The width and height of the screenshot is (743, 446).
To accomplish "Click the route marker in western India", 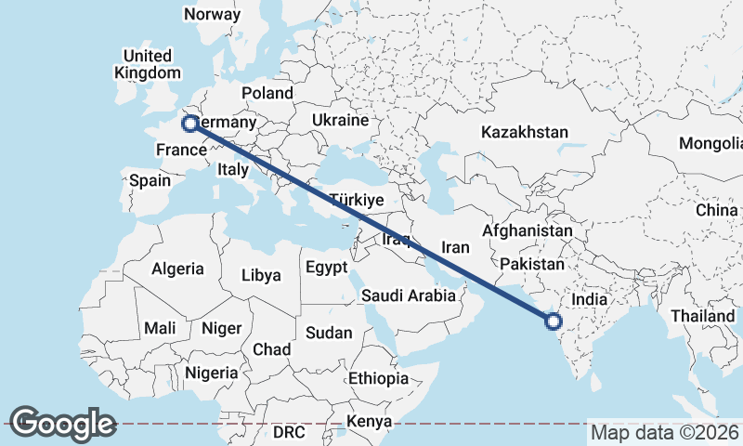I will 554,322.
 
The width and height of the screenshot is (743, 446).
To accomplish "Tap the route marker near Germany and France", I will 190,123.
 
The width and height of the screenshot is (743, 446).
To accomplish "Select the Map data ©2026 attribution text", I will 665,432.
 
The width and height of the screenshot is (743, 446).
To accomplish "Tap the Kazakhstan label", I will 524,133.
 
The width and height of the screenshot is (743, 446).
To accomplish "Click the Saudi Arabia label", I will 410,295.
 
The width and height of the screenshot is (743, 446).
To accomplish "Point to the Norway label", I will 213,14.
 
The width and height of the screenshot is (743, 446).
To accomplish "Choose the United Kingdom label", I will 148,64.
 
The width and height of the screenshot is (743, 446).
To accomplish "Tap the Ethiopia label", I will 378,378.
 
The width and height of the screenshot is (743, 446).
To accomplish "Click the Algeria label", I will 177,269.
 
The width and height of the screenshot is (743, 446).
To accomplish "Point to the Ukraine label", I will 341,121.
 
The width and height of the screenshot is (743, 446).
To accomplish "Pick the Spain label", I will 150,180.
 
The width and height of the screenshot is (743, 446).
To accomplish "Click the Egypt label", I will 326,268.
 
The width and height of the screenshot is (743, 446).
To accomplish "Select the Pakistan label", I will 532,265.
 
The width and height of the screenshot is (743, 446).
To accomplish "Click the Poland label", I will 267,93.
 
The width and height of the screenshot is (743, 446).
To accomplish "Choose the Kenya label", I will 369,422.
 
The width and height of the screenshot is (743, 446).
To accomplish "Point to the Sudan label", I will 329,332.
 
